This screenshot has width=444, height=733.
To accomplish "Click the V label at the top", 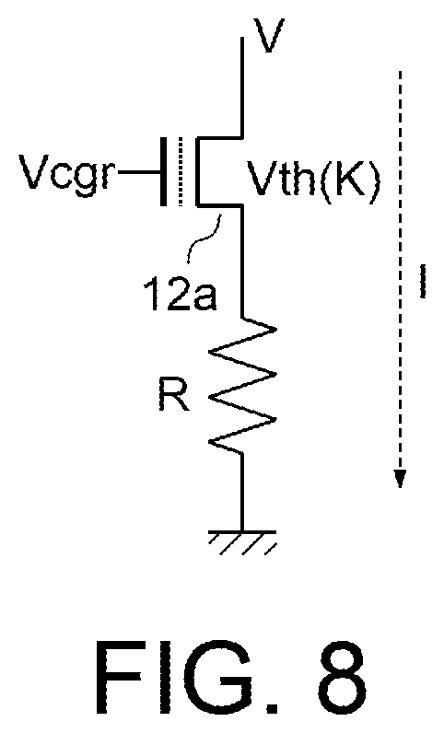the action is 268,35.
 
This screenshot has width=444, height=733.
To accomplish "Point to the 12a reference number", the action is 181,294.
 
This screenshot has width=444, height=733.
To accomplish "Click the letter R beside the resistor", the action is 174,394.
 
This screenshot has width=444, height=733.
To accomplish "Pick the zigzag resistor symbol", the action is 242,386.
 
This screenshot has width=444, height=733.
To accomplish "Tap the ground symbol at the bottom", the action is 242,542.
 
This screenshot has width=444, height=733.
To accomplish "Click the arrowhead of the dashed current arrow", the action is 400,478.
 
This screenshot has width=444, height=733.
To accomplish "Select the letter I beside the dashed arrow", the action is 423,282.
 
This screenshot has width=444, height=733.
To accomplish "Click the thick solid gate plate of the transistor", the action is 163,171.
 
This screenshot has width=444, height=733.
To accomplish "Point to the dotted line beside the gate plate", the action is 180,171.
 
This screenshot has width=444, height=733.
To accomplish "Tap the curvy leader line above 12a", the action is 205,238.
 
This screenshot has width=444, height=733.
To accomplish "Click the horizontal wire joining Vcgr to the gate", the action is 139,172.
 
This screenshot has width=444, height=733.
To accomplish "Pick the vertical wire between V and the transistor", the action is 242,87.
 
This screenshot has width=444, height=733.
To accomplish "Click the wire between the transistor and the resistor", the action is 242,262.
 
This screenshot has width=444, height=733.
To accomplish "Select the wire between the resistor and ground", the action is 242,492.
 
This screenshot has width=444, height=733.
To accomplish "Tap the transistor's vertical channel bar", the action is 198,171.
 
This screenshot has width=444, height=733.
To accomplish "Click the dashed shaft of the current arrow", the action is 400,270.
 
